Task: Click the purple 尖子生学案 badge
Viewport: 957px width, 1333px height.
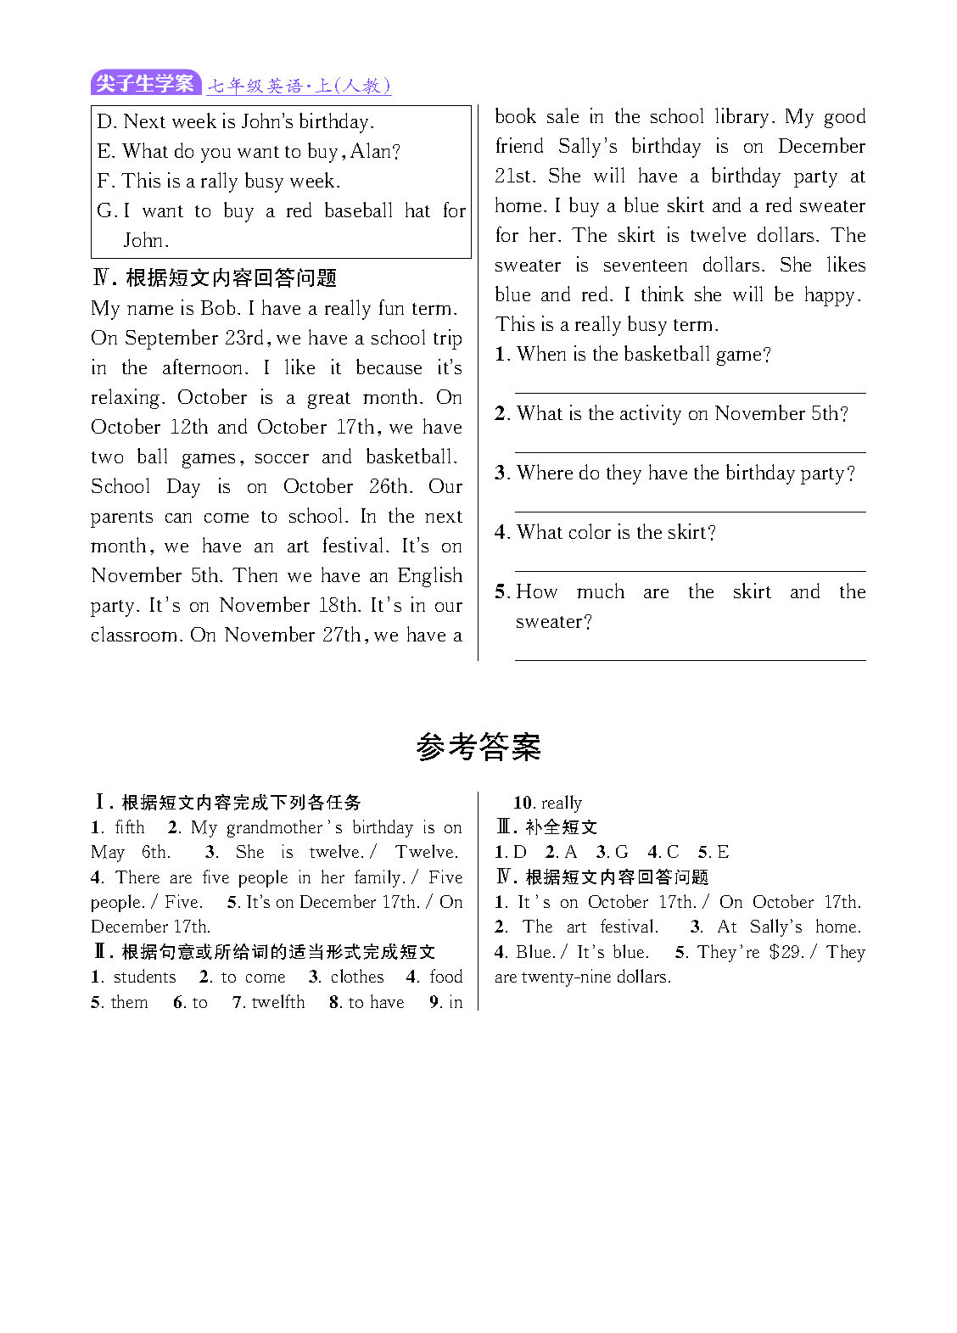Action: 145,83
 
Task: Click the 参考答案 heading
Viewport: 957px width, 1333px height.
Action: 478,747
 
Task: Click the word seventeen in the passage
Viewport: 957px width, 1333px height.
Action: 645,265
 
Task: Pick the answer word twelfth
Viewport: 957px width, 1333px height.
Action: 278,1002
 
